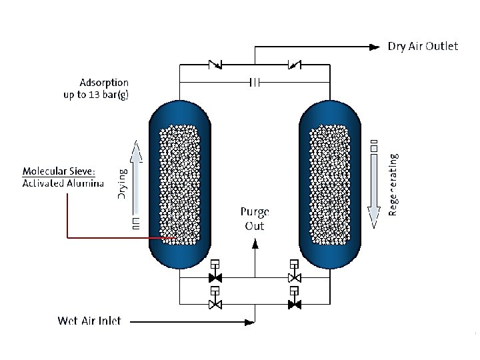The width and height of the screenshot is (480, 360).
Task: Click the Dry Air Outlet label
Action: [423, 47]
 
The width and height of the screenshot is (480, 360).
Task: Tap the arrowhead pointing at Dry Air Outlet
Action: [374, 47]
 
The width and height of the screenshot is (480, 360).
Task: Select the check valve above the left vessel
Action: [215, 65]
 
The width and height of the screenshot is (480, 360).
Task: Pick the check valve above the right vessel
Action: [293, 65]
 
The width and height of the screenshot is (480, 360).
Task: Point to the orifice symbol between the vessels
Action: [254, 82]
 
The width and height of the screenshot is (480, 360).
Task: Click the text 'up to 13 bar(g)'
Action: [96, 95]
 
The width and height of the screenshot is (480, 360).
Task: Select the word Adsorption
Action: [103, 83]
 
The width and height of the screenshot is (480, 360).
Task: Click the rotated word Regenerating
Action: [393, 185]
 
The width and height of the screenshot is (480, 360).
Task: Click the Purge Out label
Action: [254, 219]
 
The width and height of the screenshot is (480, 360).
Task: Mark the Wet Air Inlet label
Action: [89, 321]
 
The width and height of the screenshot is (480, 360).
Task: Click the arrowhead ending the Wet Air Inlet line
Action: [251, 323]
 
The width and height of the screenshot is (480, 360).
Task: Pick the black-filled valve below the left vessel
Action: [215, 277]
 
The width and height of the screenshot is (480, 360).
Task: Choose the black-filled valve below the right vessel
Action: [293, 304]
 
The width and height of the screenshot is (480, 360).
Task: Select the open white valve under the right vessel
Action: [293, 277]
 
